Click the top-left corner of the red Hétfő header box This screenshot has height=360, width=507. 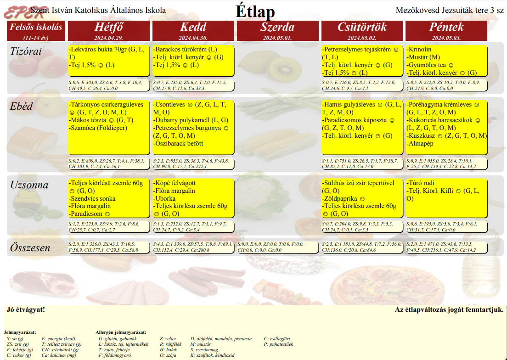[68, 21]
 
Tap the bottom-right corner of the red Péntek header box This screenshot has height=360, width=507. [487, 41]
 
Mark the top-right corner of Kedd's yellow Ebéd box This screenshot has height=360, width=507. [234, 101]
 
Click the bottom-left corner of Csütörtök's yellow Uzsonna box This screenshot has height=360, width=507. [322, 217]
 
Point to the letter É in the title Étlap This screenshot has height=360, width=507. [241, 11]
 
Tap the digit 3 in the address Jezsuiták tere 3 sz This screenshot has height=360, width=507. [492, 11]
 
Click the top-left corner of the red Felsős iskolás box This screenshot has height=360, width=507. [7, 21]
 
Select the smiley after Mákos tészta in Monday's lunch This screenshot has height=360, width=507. [112, 121]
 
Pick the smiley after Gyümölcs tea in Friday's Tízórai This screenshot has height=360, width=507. [451, 65]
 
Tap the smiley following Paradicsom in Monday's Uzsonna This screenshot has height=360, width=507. [107, 214]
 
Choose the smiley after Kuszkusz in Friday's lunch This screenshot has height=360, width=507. [440, 136]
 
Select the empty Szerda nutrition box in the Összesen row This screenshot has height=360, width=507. [277, 247]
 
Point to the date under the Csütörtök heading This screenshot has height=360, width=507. [362, 38]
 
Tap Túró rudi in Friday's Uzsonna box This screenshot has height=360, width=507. [420, 183]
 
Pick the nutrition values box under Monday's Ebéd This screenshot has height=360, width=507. [109, 163]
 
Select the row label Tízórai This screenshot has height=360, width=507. [26, 51]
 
